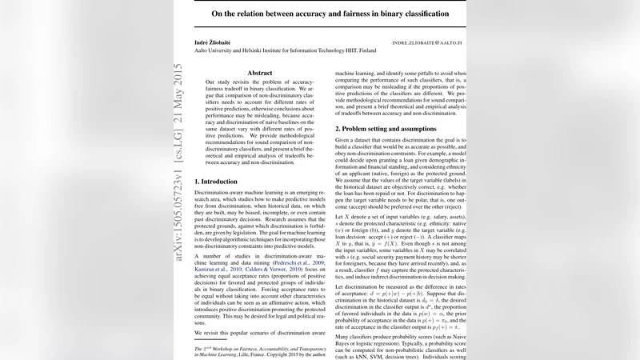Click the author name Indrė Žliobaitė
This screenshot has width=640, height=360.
(x=216, y=41)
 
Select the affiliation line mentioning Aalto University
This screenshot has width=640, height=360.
(x=286, y=50)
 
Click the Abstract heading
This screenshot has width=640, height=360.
(x=260, y=73)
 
